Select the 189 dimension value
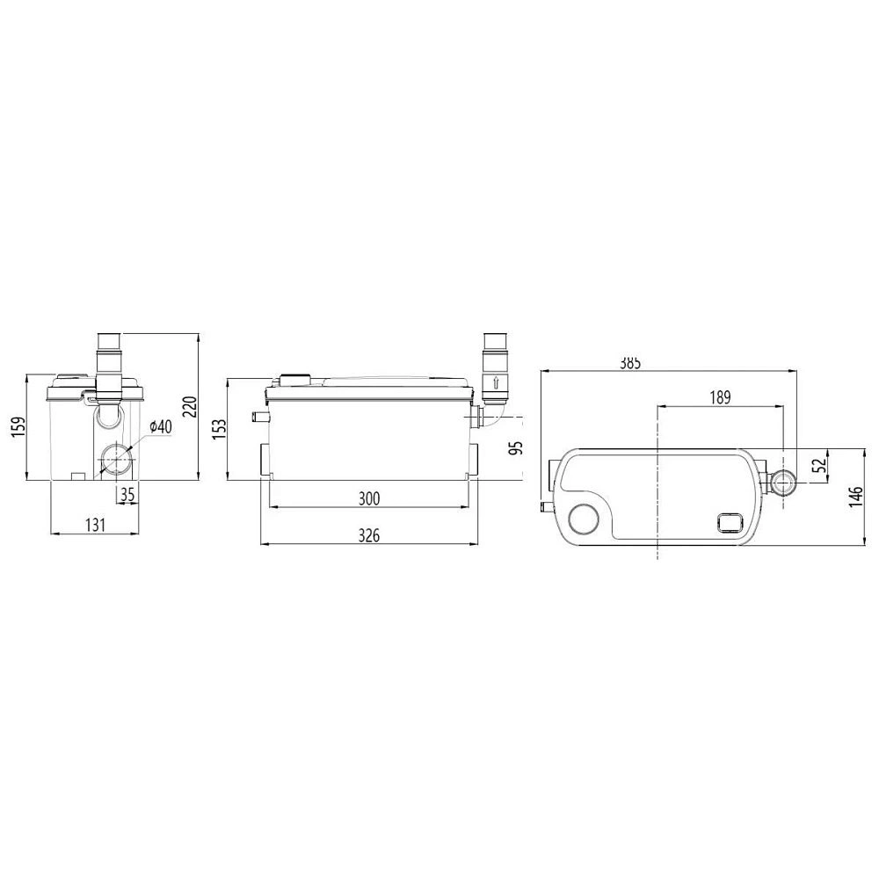click(720, 397)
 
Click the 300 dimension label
click(369, 498)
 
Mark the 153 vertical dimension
click(220, 428)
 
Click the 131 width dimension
click(95, 525)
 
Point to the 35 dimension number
click(127, 495)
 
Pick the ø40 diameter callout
click(162, 426)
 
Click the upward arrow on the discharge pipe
click(496, 382)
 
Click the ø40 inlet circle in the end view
click(115, 460)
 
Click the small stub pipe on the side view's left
click(258, 417)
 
